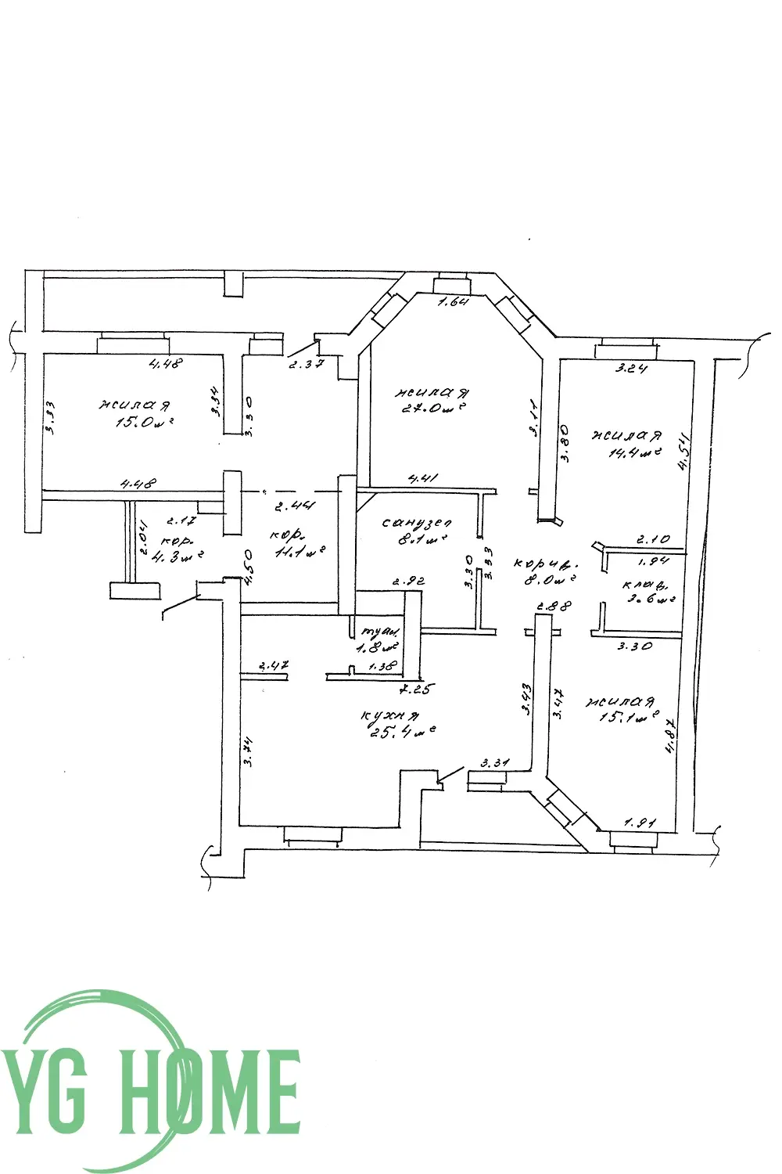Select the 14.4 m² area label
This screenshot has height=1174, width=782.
[636, 452]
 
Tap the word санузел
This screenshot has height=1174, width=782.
[417, 522]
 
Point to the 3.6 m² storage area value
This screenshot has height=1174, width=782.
[648, 601]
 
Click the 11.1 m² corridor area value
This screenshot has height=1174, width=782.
[298, 553]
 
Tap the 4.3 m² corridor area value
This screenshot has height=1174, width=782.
[181, 557]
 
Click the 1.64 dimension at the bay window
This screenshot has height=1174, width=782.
[452, 302]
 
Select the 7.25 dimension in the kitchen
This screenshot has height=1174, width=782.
[415, 690]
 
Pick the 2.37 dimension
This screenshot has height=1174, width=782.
[306, 364]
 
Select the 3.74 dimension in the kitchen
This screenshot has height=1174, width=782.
[248, 753]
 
